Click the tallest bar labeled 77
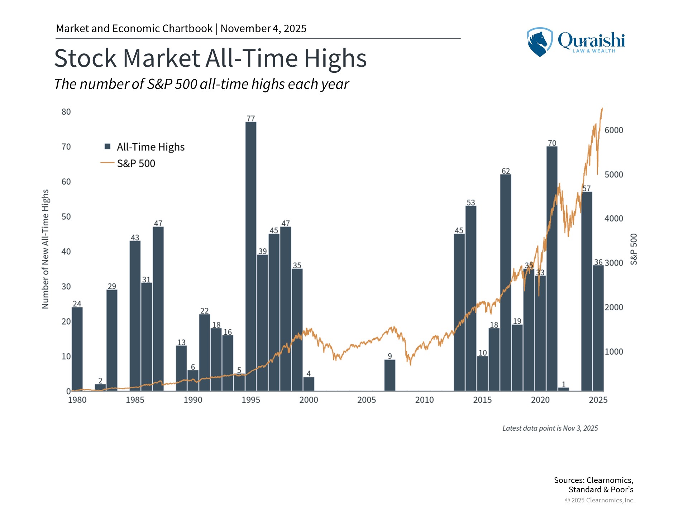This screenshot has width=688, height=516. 251,256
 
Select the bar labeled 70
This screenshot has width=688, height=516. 552,269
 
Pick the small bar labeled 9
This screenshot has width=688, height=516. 390,375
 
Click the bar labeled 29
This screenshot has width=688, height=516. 112,340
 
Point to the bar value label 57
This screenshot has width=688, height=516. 586,188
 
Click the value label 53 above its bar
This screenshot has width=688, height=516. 471,202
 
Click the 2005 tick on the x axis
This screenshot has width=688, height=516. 367,400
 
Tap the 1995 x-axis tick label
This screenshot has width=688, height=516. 251,400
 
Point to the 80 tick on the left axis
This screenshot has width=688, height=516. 66,112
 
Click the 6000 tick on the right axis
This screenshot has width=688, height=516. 614,130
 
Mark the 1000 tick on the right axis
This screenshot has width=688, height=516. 614,352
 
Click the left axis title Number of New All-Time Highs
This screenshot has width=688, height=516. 45,249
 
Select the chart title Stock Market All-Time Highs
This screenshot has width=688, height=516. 210,58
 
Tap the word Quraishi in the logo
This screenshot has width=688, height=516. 591,40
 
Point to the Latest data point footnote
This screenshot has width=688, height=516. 550,428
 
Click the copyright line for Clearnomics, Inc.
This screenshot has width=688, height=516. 599,500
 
